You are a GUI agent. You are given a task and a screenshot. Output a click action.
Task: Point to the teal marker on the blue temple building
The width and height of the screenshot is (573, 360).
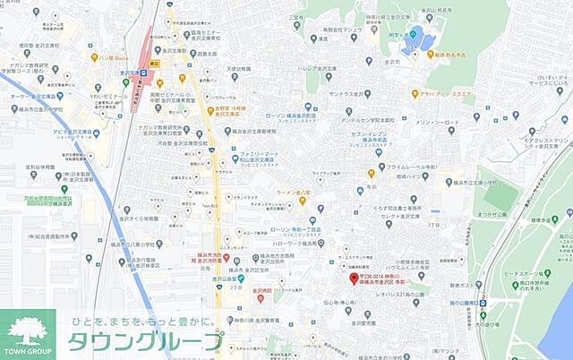pyautogui.click(x=414, y=35)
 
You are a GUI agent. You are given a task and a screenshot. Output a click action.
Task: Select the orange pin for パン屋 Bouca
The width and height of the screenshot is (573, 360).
pyautogui.click(x=94, y=57)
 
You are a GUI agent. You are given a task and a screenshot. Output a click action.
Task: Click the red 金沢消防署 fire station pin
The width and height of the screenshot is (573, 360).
pyautogui.click(x=227, y=258)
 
